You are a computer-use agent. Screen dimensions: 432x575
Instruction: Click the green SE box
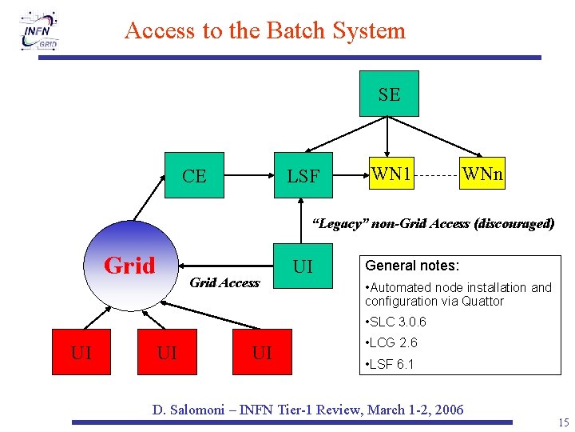[x=389, y=94]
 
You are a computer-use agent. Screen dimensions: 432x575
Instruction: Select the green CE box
[x=194, y=175]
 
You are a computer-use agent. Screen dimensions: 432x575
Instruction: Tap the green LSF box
[x=303, y=175]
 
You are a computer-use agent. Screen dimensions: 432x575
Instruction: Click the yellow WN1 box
[x=391, y=172]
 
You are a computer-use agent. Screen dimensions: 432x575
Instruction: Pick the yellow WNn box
[x=482, y=174]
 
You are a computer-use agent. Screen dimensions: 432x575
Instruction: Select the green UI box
[x=303, y=266]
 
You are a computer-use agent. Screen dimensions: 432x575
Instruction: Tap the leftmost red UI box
[x=81, y=352]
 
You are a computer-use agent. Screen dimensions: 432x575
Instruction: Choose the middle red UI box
[x=168, y=352]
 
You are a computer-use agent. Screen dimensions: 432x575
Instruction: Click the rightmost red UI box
[x=261, y=352]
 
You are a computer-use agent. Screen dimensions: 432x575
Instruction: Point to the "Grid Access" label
[x=224, y=282]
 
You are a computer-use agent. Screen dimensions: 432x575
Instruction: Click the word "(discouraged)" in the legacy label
[x=514, y=224]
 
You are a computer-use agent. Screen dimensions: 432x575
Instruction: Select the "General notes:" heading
[x=412, y=266]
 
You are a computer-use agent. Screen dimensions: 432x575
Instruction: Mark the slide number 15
[x=564, y=422]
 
